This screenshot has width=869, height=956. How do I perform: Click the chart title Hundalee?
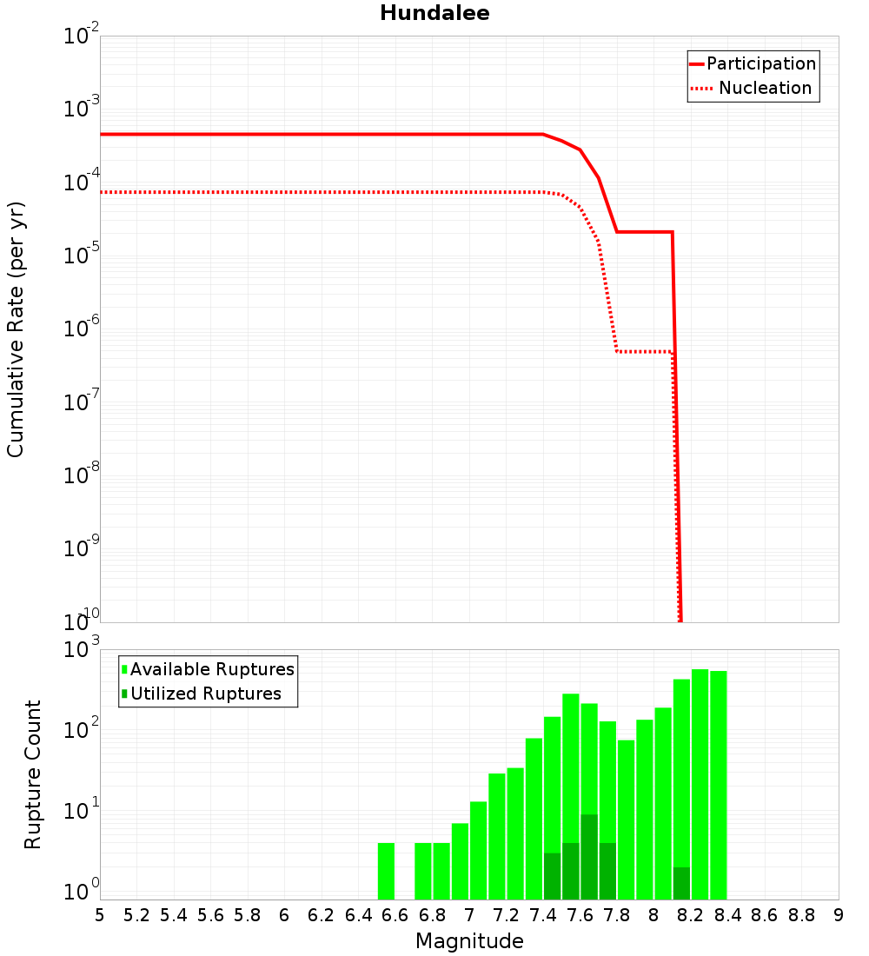(434, 13)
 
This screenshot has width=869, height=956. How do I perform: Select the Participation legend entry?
(760, 63)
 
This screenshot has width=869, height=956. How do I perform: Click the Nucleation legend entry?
(765, 88)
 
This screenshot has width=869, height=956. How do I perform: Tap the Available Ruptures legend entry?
(212, 669)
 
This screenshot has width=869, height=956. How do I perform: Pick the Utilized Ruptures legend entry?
(205, 694)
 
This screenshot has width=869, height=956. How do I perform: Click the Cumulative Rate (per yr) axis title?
(16, 329)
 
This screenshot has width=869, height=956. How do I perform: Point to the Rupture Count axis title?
(33, 773)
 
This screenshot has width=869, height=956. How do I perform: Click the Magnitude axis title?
(469, 941)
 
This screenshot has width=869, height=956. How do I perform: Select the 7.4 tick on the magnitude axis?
(543, 915)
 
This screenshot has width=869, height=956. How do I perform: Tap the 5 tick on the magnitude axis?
(100, 915)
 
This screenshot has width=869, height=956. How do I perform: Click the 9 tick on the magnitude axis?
(839, 915)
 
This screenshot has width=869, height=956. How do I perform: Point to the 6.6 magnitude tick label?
(395, 915)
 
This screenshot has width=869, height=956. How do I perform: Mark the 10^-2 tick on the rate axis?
(83, 37)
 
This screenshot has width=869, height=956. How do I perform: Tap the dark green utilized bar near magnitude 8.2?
(681, 883)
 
